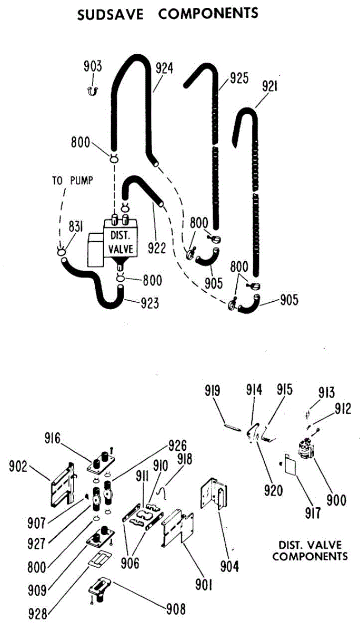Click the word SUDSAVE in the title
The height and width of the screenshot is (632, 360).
point(111,14)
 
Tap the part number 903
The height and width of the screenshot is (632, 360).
point(93,67)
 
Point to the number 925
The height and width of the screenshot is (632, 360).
point(239,80)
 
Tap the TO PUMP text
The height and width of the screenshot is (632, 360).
point(73,181)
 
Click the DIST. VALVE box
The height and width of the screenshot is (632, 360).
point(121,241)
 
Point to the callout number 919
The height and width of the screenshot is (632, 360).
point(213,392)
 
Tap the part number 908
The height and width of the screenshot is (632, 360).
point(175,610)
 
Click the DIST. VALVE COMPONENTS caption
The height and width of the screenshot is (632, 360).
point(310,550)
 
